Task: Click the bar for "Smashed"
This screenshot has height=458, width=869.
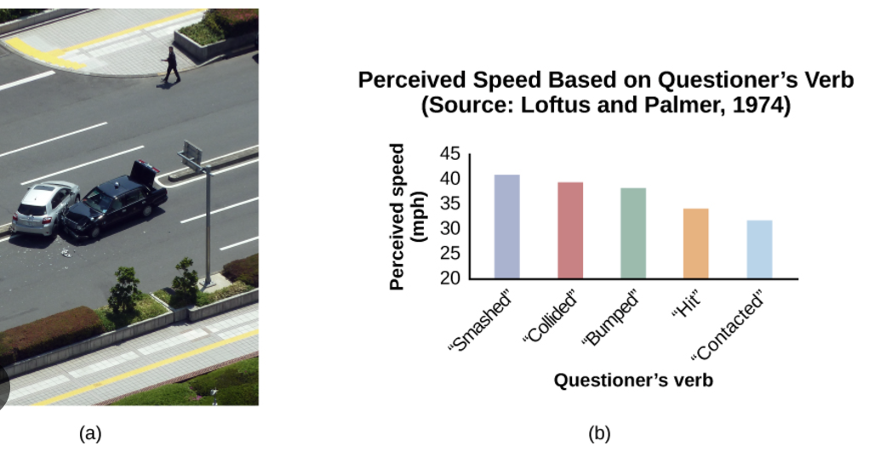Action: (506, 226)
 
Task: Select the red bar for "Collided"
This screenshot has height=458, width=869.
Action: (570, 230)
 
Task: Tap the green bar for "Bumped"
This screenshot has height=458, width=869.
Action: (633, 232)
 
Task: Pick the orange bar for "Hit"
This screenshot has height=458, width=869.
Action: (695, 243)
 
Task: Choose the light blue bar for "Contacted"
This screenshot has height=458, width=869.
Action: (759, 249)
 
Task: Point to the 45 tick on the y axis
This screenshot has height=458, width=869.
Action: (449, 154)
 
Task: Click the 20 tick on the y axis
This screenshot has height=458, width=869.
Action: (449, 278)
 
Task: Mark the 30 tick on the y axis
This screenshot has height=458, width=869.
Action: (449, 229)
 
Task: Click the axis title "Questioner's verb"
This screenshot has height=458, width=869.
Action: (633, 380)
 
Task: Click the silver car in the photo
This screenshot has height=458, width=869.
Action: (43, 208)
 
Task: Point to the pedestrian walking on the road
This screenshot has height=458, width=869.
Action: (172, 66)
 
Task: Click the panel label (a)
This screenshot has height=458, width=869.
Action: (90, 433)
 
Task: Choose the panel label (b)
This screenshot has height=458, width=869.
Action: (599, 433)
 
